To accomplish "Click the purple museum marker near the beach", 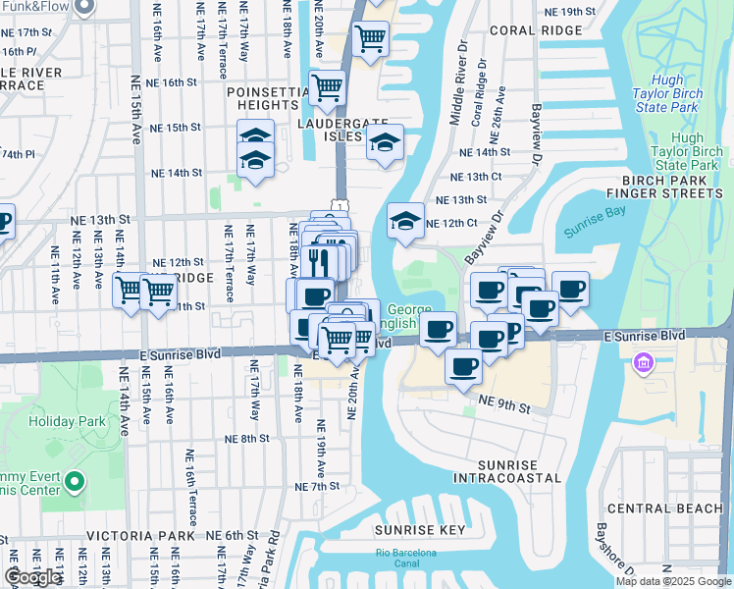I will pyautogui.click(x=644, y=365).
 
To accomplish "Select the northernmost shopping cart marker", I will pyautogui.click(x=371, y=39).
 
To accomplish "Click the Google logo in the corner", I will pyautogui.click(x=32, y=577).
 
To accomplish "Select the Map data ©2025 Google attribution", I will pyautogui.click(x=672, y=581).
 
